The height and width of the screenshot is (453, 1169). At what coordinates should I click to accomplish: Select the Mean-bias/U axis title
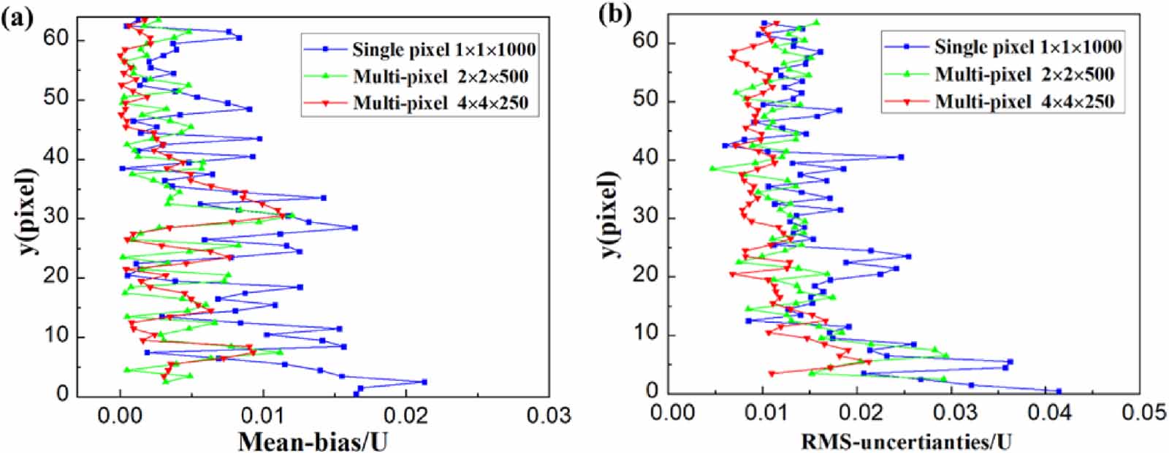pos(313,441)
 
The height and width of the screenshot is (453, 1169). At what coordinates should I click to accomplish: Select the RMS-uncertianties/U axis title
pos(906,441)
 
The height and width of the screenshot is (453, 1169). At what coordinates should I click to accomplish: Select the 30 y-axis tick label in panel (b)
pos(646,217)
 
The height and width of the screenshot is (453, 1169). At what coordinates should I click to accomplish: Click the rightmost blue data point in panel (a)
pos(424,381)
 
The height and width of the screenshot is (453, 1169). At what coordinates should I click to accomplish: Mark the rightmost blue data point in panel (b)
pos(1058,391)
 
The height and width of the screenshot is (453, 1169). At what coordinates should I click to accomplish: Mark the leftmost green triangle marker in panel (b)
pos(712,169)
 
